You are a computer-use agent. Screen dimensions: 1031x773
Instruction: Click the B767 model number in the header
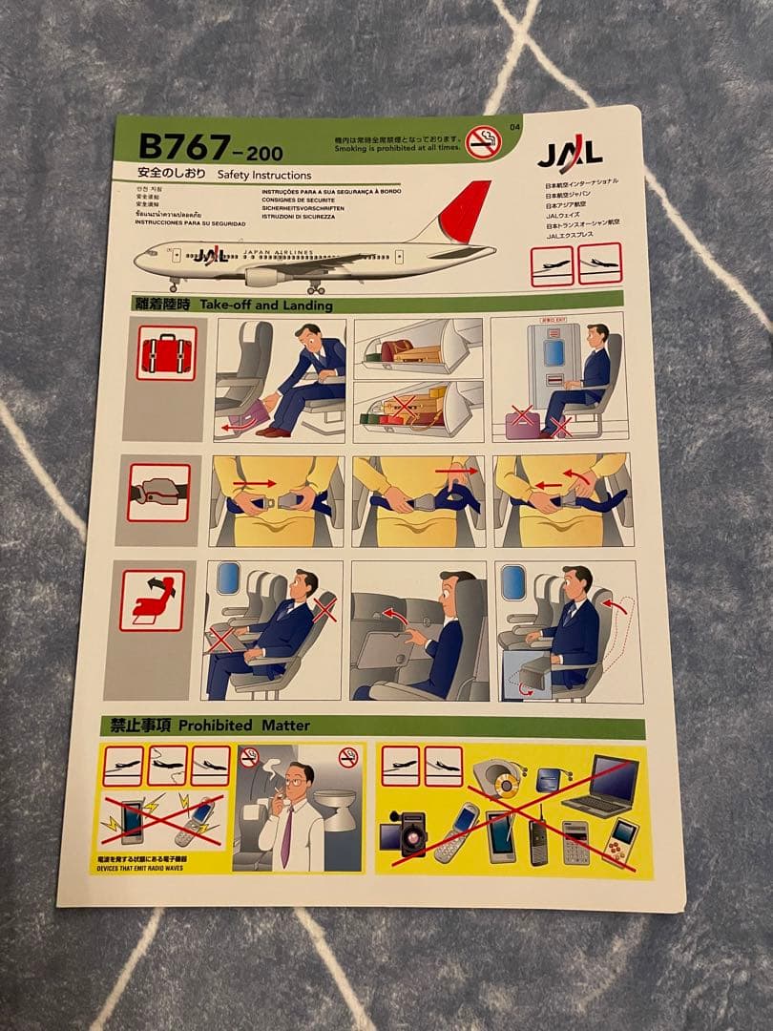(184, 146)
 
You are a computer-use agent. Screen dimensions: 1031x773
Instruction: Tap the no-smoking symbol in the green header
(484, 141)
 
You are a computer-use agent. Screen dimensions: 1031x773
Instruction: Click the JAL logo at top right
(570, 153)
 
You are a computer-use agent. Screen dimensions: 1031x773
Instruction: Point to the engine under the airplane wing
(261, 277)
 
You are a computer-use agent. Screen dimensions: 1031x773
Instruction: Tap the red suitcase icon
(166, 353)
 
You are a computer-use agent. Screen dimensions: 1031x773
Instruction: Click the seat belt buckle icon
(158, 493)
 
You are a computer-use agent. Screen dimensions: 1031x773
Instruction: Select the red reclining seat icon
(153, 600)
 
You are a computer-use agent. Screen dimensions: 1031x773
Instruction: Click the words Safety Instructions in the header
(264, 176)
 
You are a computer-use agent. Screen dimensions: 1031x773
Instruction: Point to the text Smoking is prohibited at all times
(397, 148)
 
